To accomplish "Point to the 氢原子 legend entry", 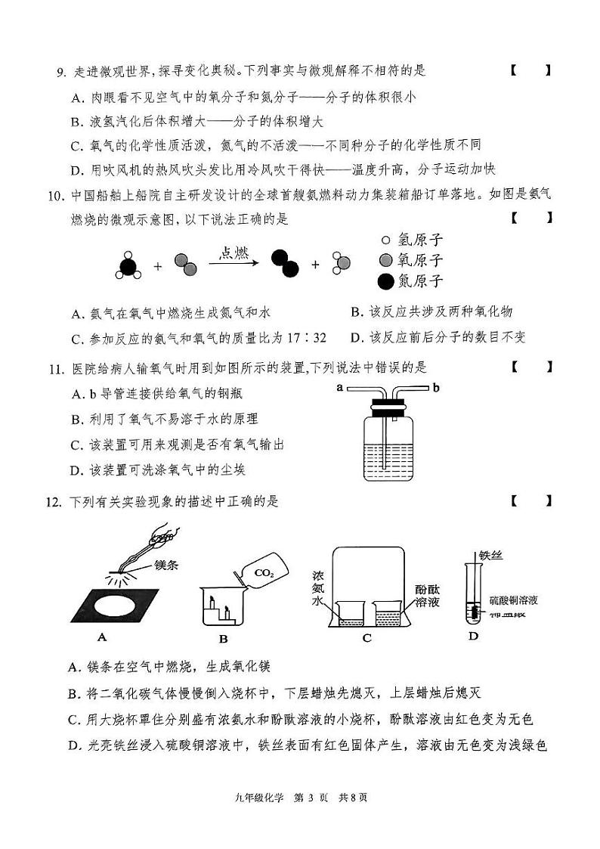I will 412,240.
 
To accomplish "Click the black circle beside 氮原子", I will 385,282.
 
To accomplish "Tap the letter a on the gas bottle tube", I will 339,388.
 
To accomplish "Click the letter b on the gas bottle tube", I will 436,388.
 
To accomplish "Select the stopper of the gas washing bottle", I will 388,406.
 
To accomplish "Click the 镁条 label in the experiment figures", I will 169,565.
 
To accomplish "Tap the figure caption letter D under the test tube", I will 473,636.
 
